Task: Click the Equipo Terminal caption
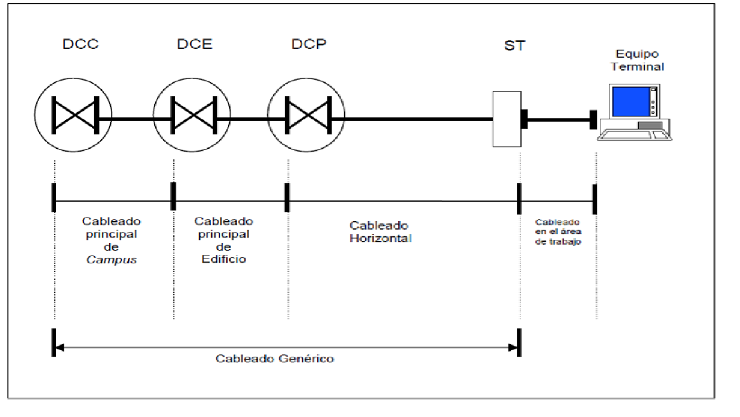pyautogui.click(x=637, y=61)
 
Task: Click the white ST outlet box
pyautogui.click(x=507, y=119)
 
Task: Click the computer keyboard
pyautogui.click(x=635, y=134)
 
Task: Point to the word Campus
pyautogui.click(x=112, y=260)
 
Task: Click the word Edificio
pyautogui.click(x=224, y=259)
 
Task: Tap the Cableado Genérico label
pyautogui.click(x=274, y=359)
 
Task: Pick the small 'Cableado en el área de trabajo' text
pyautogui.click(x=558, y=232)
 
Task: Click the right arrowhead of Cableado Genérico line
pyautogui.click(x=513, y=347)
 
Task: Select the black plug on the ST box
pyautogui.click(x=524, y=119)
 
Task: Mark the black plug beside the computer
pyautogui.click(x=593, y=119)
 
